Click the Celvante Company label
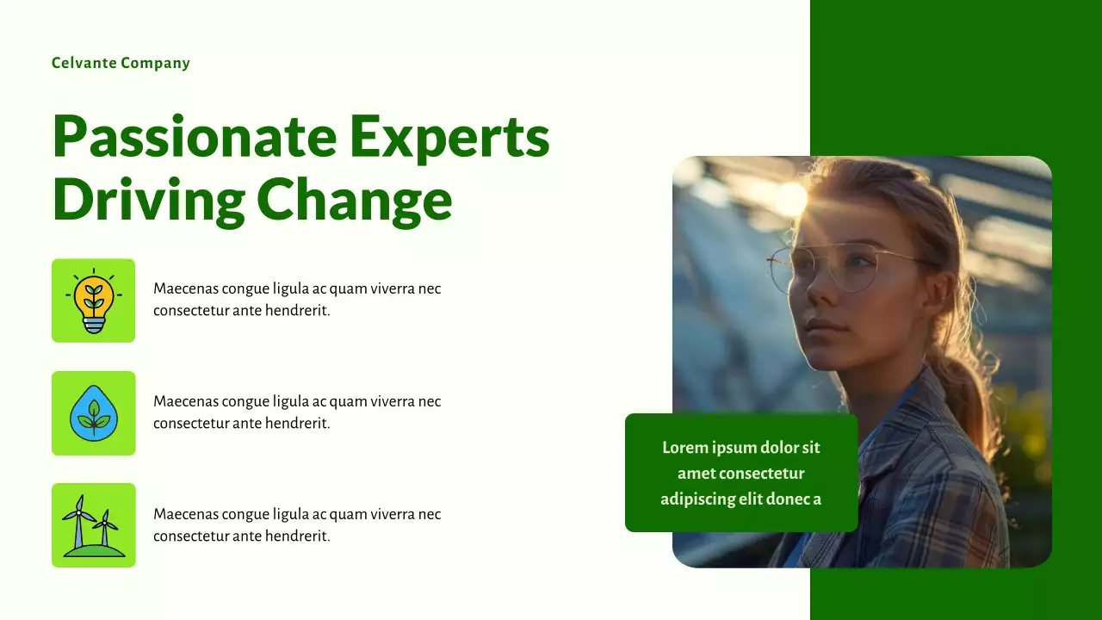click(x=121, y=63)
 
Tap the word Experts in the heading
click(x=449, y=138)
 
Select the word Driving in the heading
click(x=148, y=200)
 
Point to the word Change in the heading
click(x=354, y=200)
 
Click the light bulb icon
click(x=93, y=301)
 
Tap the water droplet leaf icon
click(x=93, y=413)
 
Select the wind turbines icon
click(x=93, y=525)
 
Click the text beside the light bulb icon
click(x=297, y=300)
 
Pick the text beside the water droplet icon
click(x=297, y=412)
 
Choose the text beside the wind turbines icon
click(x=297, y=525)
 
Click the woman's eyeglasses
click(x=826, y=267)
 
